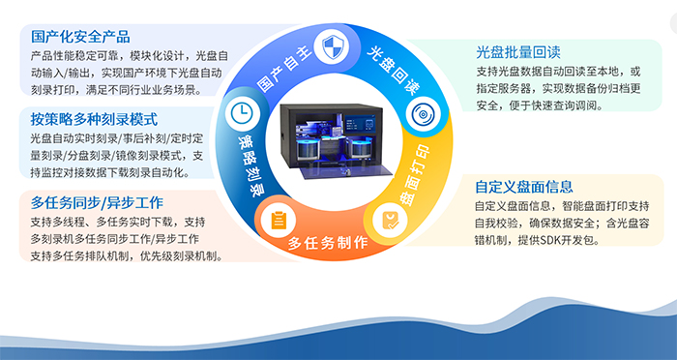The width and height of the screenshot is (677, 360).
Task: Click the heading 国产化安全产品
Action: point(80,38)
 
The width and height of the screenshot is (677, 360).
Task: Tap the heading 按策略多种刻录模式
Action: point(94,121)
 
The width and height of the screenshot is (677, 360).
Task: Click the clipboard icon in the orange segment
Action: point(279,219)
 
